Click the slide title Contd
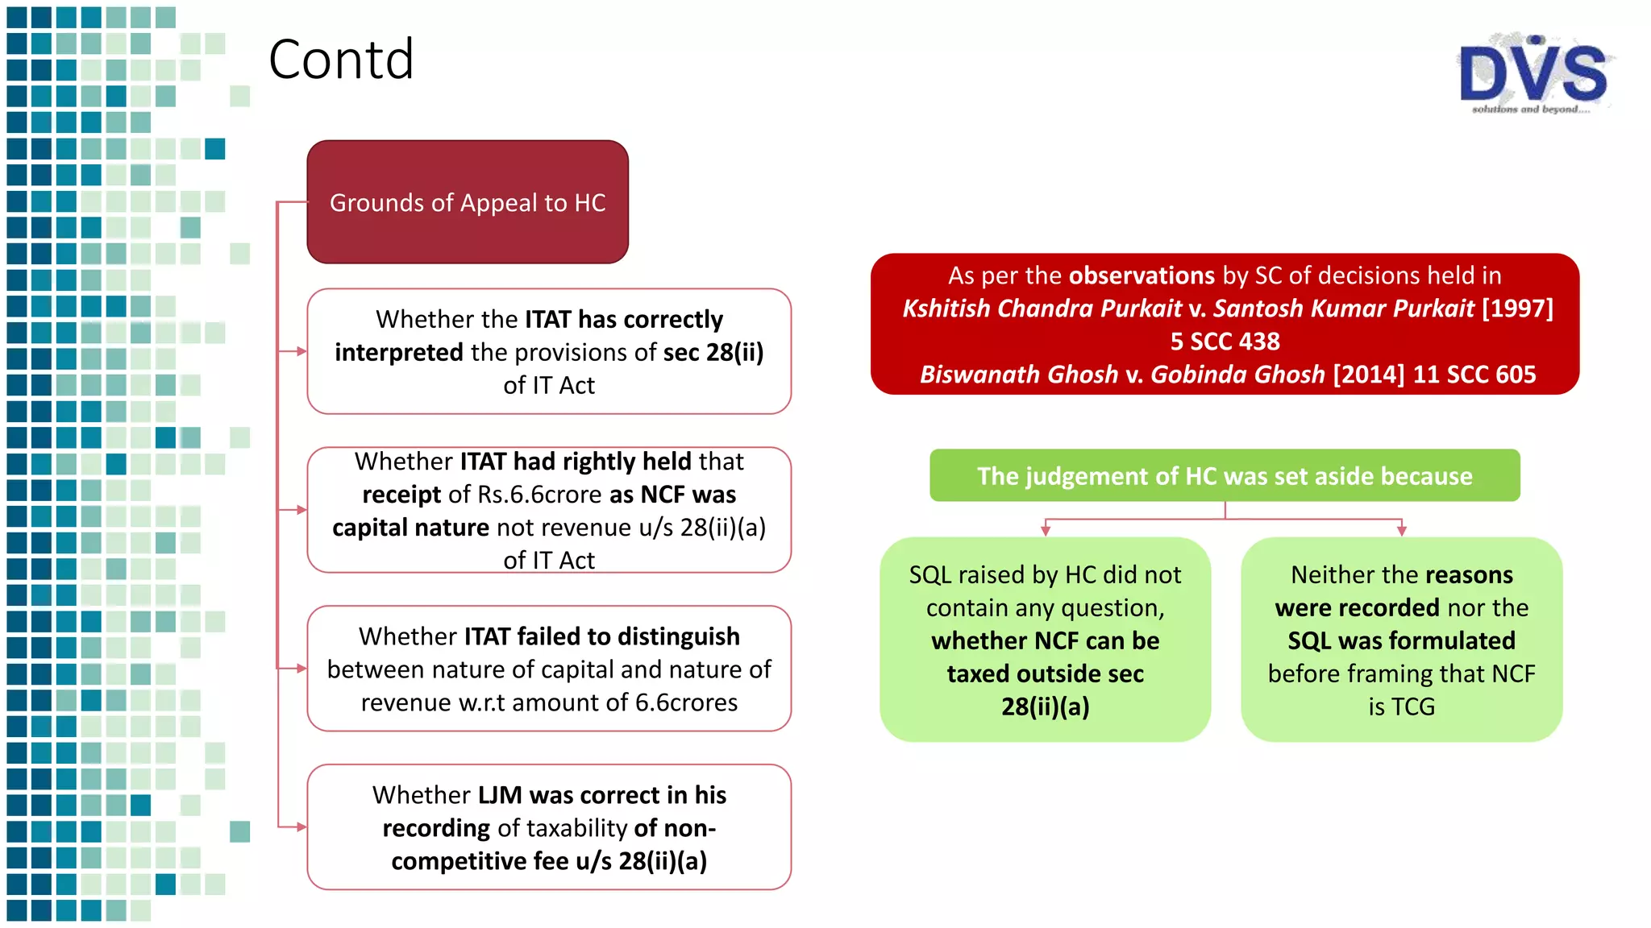point(341,60)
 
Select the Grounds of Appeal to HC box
point(468,202)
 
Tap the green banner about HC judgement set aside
point(1225,476)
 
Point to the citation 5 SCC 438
point(1225,342)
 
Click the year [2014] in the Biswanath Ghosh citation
point(1369,375)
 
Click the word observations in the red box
point(1142,275)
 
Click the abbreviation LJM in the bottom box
point(500,795)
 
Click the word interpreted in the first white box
point(399,352)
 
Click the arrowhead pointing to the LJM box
point(301,827)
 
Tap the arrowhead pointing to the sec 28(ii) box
point(301,351)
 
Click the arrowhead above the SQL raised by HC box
point(1046,530)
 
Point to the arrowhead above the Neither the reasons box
point(1402,530)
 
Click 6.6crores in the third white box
point(686,702)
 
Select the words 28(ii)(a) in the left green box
point(1046,706)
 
